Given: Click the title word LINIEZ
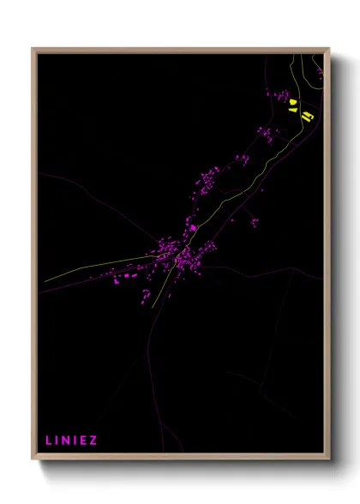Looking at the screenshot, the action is point(71,441).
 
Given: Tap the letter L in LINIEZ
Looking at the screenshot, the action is point(49,441).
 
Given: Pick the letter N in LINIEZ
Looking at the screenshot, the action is point(66,441).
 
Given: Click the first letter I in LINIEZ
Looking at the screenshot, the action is point(57,441).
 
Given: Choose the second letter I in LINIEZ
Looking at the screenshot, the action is point(75,441).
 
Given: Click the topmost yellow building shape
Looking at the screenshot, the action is point(293,102).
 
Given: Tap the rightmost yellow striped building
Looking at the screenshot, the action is point(310,117).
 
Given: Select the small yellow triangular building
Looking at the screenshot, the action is point(292,109).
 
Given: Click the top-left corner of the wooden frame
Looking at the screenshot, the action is point(33,48).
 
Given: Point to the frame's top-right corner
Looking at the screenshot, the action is point(329,48).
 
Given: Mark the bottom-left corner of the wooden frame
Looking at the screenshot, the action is point(33,460).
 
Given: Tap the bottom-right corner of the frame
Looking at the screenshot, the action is point(329,460).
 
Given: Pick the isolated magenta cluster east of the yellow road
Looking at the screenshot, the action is point(255,222).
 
